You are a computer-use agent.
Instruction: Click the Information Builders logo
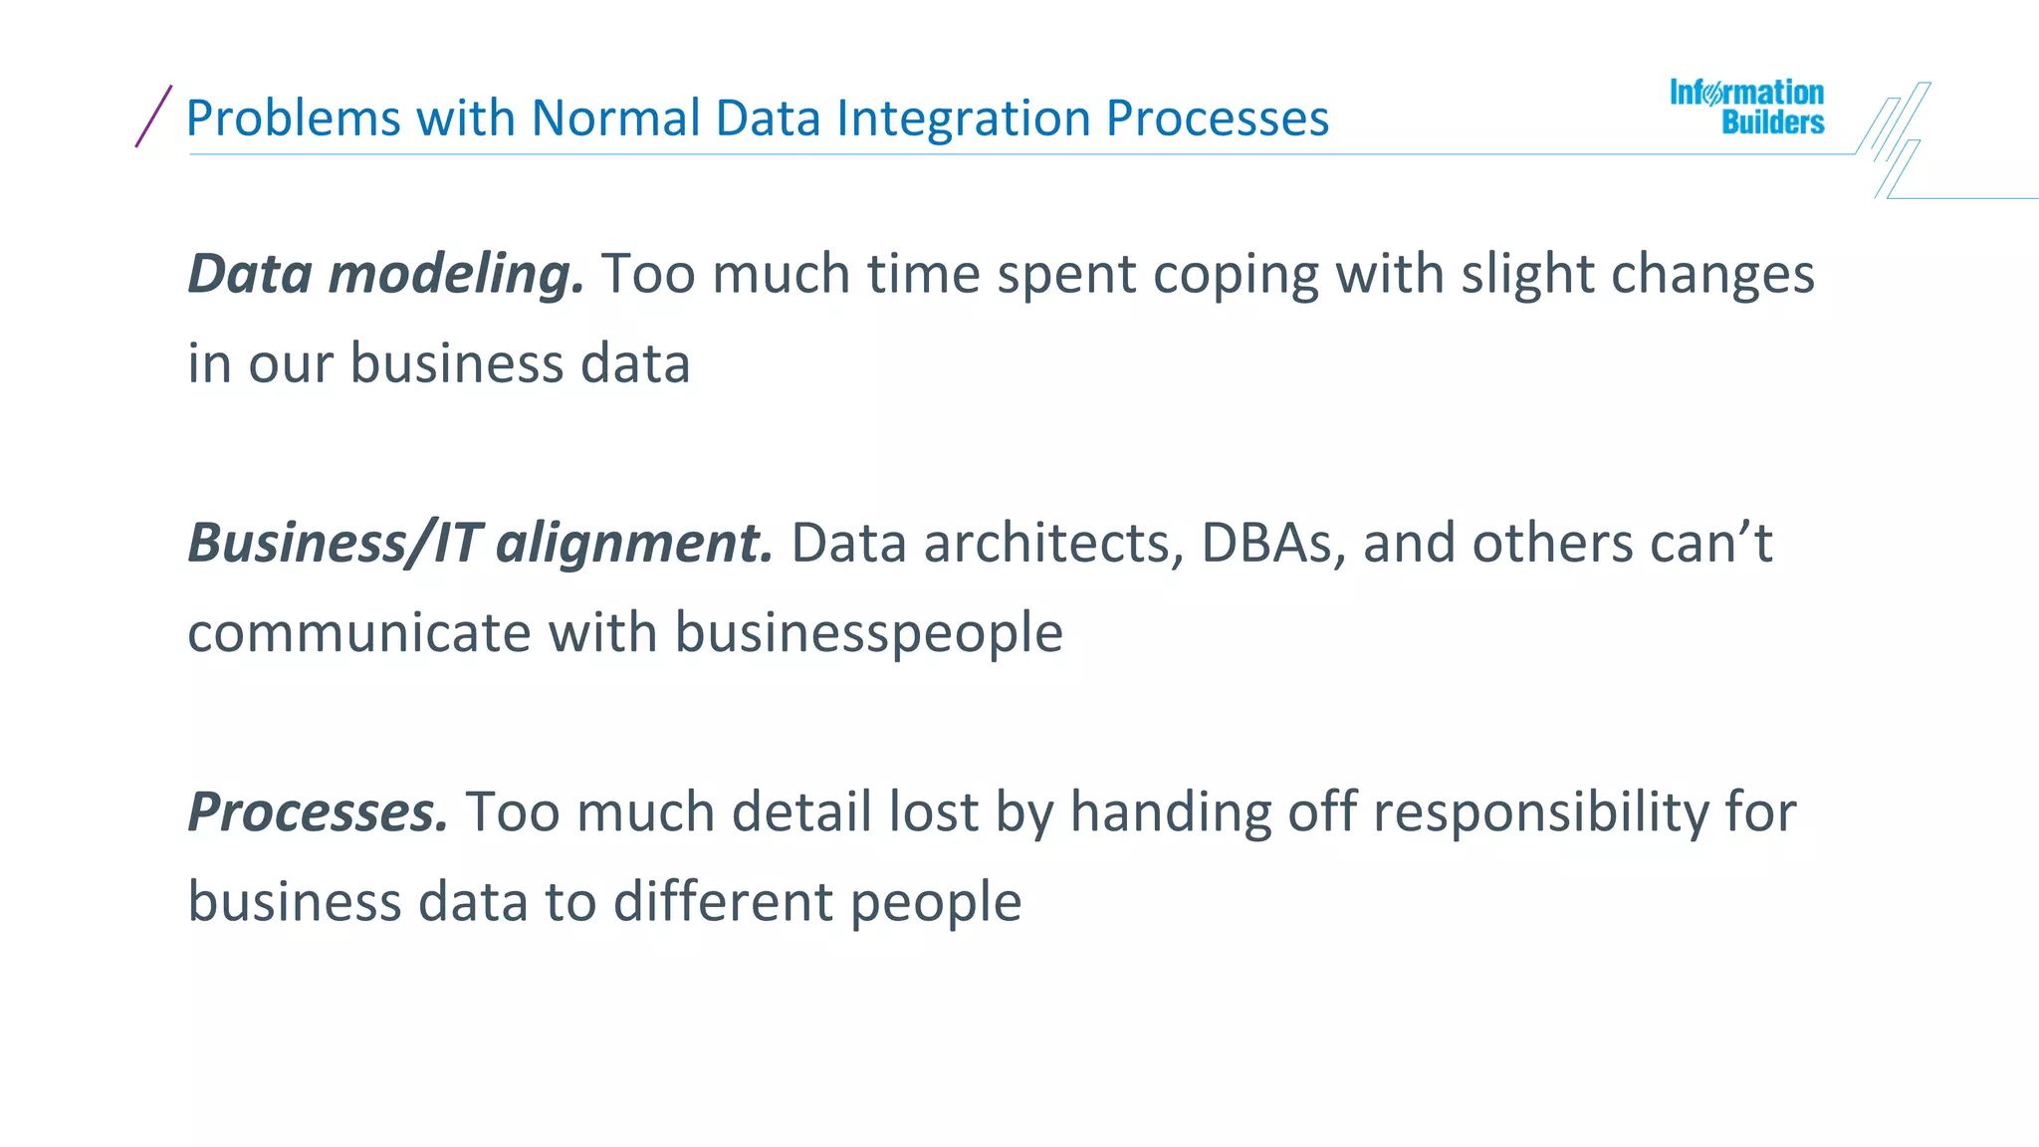coord(1747,108)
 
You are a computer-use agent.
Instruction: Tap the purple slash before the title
coord(153,116)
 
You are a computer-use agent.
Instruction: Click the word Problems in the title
coord(293,118)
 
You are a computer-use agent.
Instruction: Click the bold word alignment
coord(634,545)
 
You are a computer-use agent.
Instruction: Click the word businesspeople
coord(868,634)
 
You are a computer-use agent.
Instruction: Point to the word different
coord(722,902)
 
